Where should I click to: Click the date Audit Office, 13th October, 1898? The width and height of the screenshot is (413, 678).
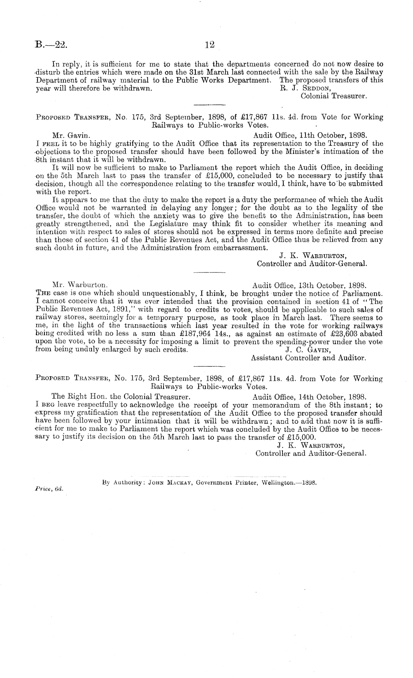pyautogui.click(x=309, y=285)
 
